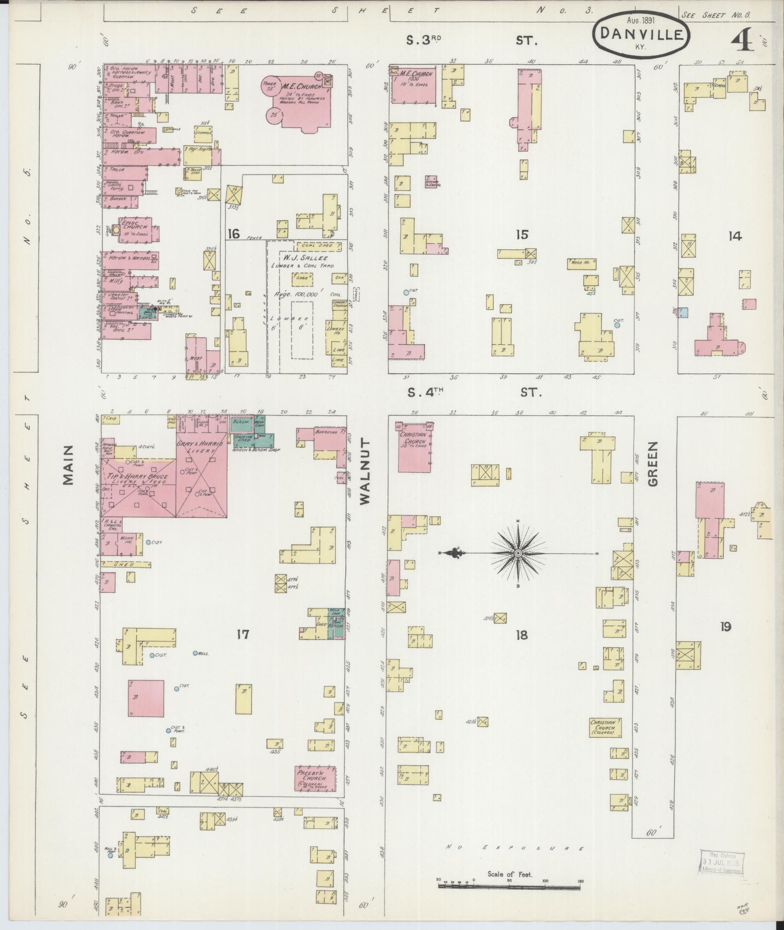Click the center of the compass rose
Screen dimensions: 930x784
tap(518, 553)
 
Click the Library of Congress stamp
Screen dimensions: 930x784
tap(720, 863)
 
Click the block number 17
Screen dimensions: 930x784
tap(243, 634)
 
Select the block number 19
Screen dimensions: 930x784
tap(725, 627)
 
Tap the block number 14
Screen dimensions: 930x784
tap(734, 236)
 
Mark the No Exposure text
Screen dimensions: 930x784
tap(515, 847)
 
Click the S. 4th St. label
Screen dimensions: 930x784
tap(473, 392)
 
